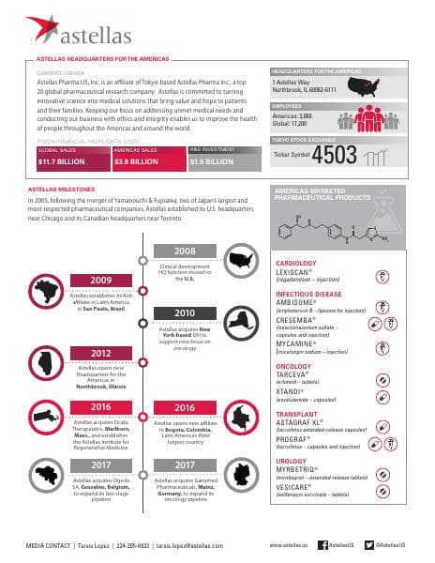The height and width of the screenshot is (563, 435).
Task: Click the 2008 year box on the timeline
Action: click(184, 251)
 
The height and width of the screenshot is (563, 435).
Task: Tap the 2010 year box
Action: click(184, 312)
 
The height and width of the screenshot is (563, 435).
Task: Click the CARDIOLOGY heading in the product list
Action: click(295, 264)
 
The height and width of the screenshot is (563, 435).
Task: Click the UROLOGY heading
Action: click(291, 461)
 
